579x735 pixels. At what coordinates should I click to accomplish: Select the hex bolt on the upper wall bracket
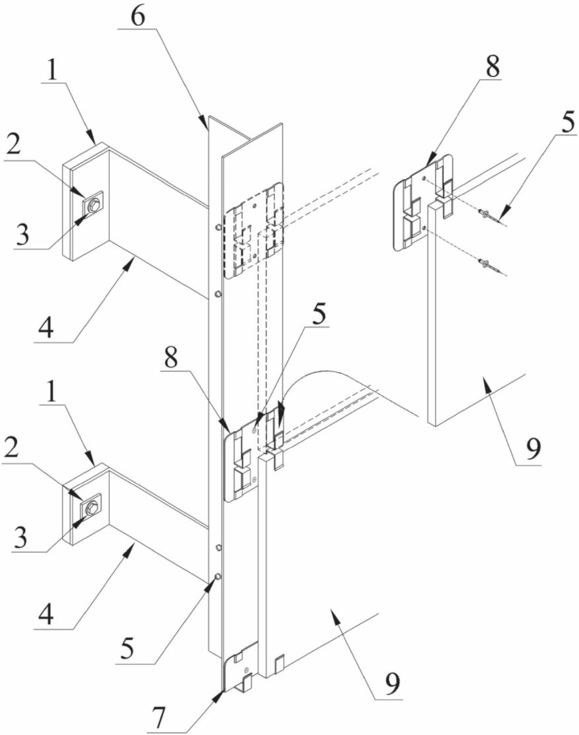[x=93, y=204]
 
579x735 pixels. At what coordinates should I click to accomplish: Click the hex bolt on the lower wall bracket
[x=93, y=506]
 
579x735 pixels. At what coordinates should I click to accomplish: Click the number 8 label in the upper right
[x=492, y=67]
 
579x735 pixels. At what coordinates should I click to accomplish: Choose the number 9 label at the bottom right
[x=393, y=685]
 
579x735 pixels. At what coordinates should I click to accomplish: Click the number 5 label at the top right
[x=567, y=122]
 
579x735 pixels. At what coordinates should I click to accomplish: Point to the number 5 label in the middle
[x=319, y=317]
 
